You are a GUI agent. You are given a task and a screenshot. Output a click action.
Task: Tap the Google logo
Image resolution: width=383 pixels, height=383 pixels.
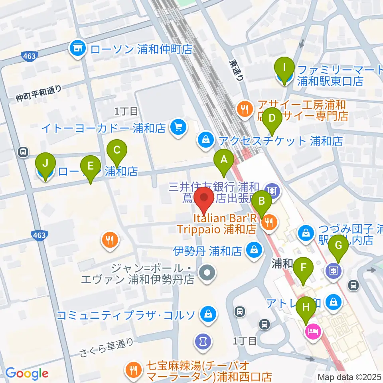tap(27, 373)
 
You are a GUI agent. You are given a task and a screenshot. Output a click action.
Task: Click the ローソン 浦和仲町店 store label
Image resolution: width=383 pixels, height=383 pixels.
tap(141, 49)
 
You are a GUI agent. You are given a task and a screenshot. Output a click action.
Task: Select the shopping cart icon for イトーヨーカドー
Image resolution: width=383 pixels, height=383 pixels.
tap(177, 128)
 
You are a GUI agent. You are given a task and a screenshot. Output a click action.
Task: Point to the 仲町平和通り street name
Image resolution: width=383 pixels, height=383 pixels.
tap(39, 93)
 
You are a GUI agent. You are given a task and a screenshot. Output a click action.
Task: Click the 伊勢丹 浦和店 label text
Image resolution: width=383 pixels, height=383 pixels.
tap(207, 251)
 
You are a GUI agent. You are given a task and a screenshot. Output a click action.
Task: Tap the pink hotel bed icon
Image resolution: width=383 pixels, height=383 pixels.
tap(312, 331)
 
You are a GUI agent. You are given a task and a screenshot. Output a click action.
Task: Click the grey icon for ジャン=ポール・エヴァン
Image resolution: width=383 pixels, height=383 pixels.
tap(207, 274)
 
